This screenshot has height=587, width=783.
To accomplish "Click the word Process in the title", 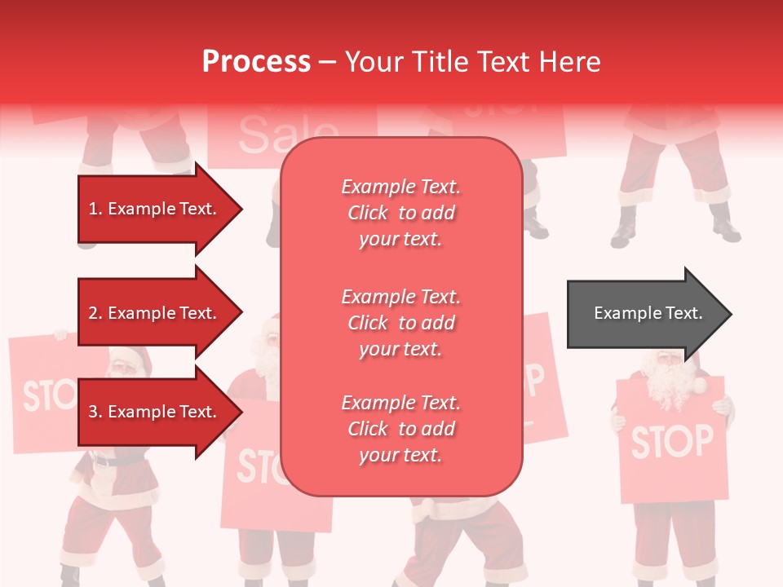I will pos(256,62).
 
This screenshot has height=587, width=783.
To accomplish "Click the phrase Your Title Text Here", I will pos(472,62).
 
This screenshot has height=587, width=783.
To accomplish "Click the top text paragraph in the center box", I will pos(400,213).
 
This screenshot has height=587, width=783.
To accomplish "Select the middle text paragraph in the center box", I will pos(400,323).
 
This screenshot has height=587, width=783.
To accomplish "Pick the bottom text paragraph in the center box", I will pos(400,429).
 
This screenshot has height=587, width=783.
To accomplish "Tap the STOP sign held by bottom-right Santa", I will pos(670,441).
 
